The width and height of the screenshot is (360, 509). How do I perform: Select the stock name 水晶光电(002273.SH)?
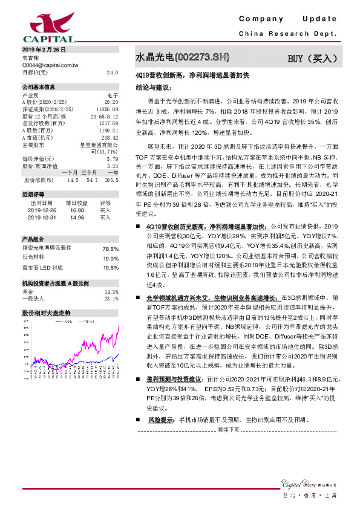click(x=182, y=58)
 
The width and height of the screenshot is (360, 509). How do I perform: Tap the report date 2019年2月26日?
click(x=44, y=49)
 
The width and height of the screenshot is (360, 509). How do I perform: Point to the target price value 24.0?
click(x=113, y=73)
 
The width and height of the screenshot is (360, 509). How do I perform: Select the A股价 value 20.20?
click(x=111, y=102)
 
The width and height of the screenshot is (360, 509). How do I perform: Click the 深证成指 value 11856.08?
click(x=108, y=109)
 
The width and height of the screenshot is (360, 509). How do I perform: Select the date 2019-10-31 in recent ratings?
click(x=41, y=218)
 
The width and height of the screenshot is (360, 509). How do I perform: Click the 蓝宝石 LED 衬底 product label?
click(x=42, y=267)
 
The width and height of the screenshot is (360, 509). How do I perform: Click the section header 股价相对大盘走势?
click(x=47, y=313)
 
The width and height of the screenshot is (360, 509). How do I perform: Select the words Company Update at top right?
click(x=296, y=19)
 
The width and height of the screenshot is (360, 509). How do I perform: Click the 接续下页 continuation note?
click(x=229, y=446)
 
